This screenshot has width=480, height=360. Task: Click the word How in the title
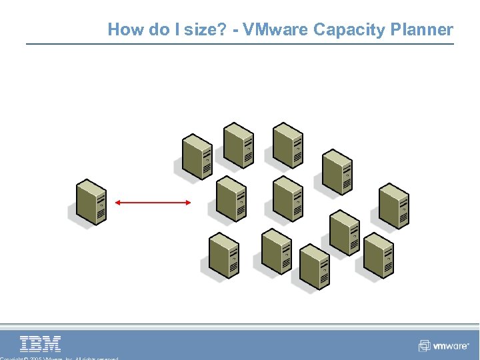tap(122, 30)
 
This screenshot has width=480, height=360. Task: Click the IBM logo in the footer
tap(41, 344)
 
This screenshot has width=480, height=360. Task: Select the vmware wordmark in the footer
tap(451, 346)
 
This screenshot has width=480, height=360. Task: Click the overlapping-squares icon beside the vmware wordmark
tap(424, 346)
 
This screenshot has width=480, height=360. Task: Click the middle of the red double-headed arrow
tap(153, 201)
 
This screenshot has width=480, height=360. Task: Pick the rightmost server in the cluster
tap(393, 206)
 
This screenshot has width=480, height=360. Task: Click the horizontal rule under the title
tap(240, 45)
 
